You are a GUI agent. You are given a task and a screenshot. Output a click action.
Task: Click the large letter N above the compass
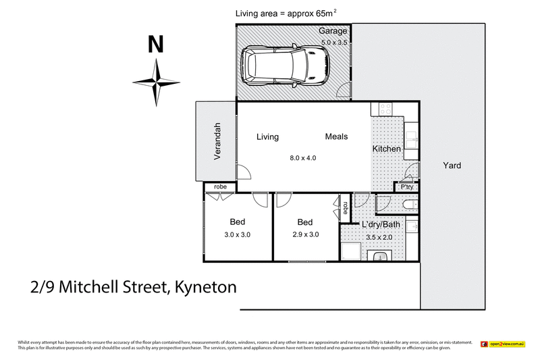coord(155,45)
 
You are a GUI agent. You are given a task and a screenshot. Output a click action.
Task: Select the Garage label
coord(333,32)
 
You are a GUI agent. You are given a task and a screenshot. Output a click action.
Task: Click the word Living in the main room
coord(267,137)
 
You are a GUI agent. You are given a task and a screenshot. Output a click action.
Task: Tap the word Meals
coord(336,137)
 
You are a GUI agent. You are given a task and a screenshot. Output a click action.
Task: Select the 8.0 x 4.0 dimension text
coord(303,158)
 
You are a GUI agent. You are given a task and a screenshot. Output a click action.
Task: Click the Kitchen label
coord(386,149)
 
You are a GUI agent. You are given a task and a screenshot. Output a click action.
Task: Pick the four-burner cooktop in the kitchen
coord(385,108)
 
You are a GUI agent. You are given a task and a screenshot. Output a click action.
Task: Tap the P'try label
coord(407,187)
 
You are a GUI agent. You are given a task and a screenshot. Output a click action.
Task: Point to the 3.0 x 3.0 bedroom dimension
coord(237,235)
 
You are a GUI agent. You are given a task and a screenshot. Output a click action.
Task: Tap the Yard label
coord(452,165)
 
